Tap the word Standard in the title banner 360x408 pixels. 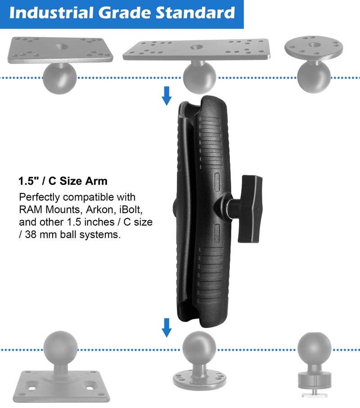pyautogui.click(x=196, y=13)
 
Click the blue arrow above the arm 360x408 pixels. pyautogui.click(x=167, y=95)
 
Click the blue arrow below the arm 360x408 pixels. pyautogui.click(x=167, y=327)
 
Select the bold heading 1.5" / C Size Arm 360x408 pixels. pyautogui.click(x=63, y=181)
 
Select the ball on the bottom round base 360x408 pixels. pyautogui.click(x=199, y=349)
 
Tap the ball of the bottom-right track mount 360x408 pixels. pyautogui.click(x=314, y=348)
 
